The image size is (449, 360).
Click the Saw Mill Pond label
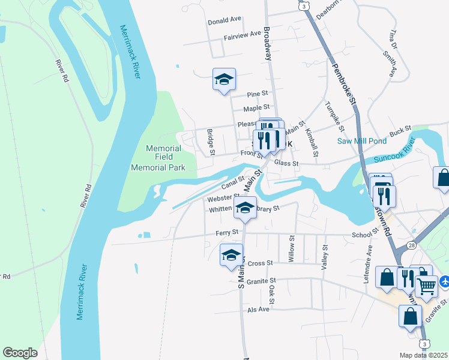tap(361, 141)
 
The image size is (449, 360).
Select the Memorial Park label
tap(158, 167)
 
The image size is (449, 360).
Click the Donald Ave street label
tap(224, 20)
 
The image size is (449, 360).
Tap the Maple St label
tap(254, 109)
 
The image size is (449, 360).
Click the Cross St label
tap(260, 263)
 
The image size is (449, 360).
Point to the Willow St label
tap(291, 248)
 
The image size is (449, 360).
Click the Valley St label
tap(325, 256)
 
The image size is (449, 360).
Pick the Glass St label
tap(286, 163)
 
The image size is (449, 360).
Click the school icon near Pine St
tap(224, 79)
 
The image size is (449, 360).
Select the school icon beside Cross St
tap(232, 255)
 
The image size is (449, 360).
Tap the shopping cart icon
tap(426, 286)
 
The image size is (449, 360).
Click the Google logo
tap(20, 353)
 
